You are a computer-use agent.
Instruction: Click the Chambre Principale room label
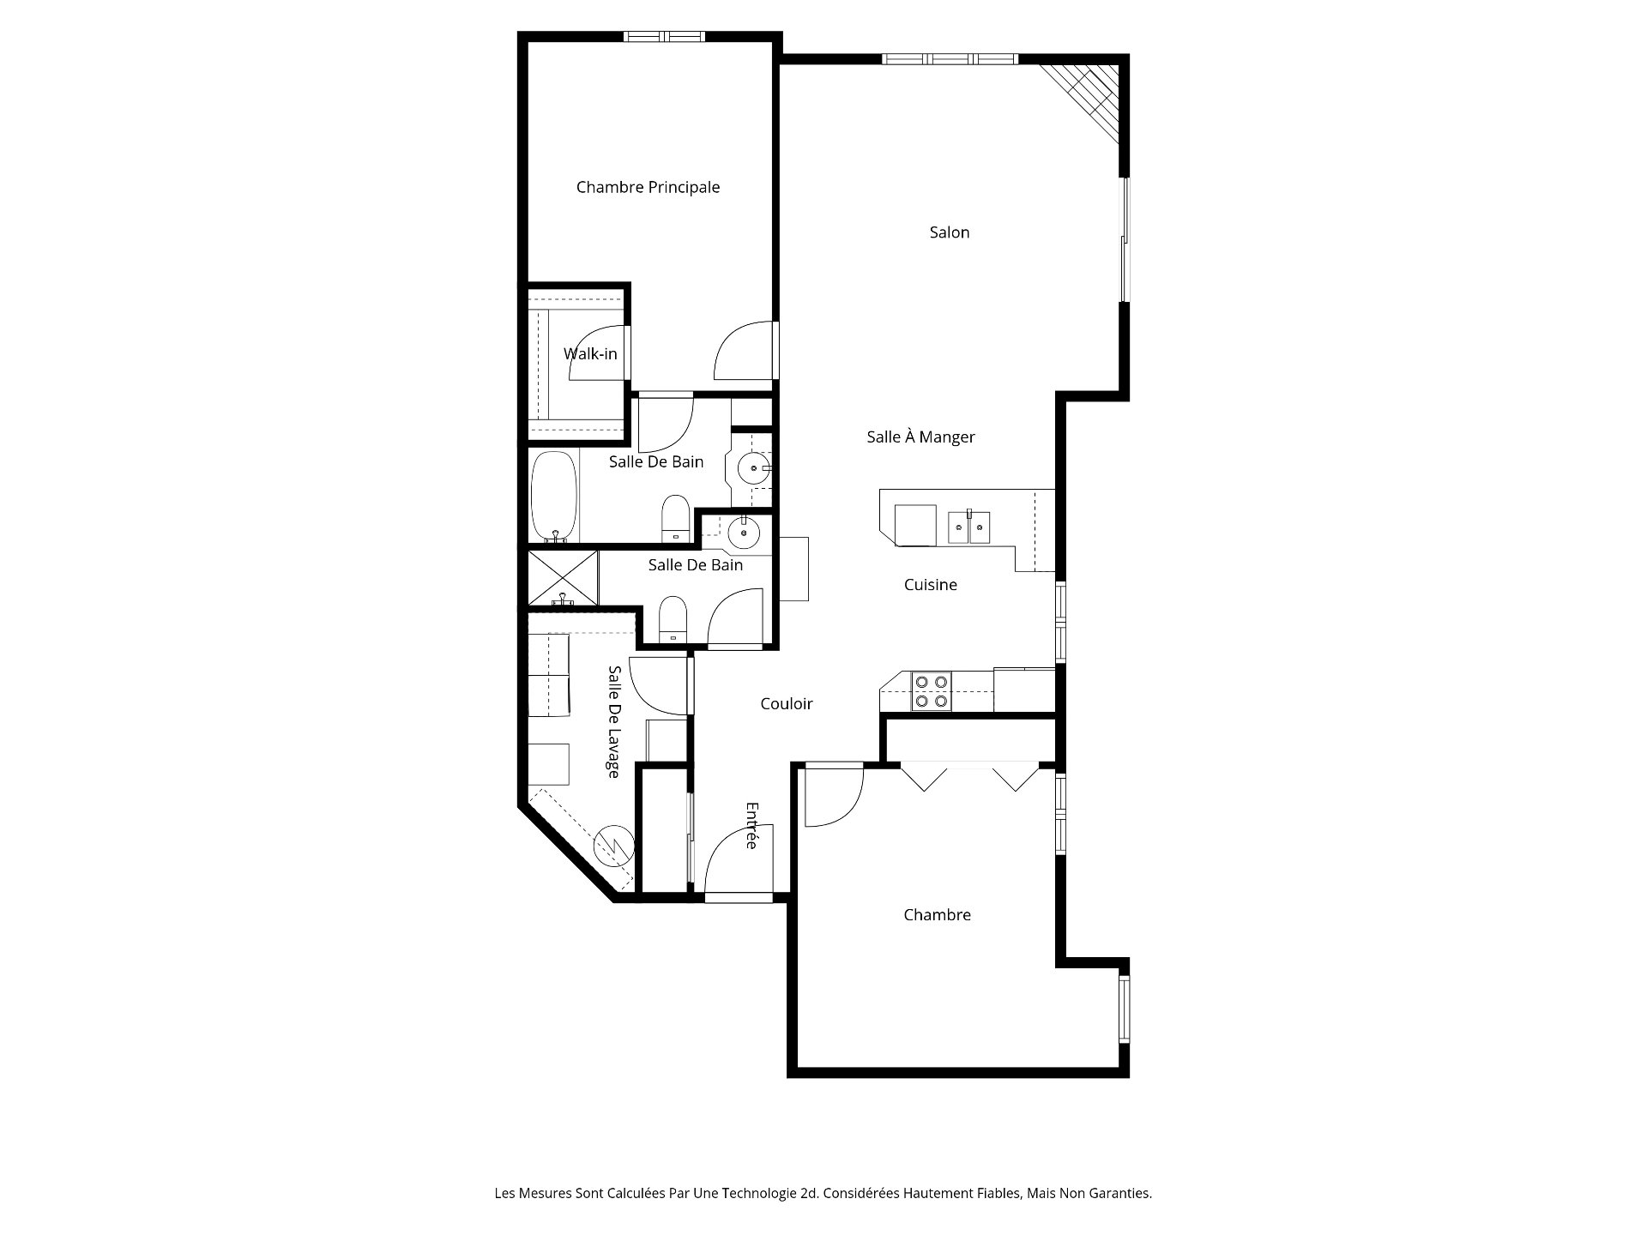pyautogui.click(x=648, y=187)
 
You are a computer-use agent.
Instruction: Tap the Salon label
pyautogui.click(x=950, y=232)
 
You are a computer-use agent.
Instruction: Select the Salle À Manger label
pyautogui.click(x=920, y=437)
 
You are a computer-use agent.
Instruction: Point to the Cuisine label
pyautogui.click(x=930, y=585)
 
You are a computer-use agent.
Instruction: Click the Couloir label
pyautogui.click(x=786, y=704)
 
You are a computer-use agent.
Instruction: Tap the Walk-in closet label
pyautogui.click(x=590, y=354)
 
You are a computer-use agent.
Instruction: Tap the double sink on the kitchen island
pyautogui.click(x=969, y=527)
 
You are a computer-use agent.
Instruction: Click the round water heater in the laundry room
pyautogui.click(x=614, y=846)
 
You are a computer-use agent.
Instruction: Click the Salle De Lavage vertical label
pyautogui.click(x=613, y=722)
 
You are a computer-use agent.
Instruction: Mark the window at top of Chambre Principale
pyautogui.click(x=662, y=37)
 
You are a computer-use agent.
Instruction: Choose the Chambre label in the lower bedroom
pyautogui.click(x=937, y=915)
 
